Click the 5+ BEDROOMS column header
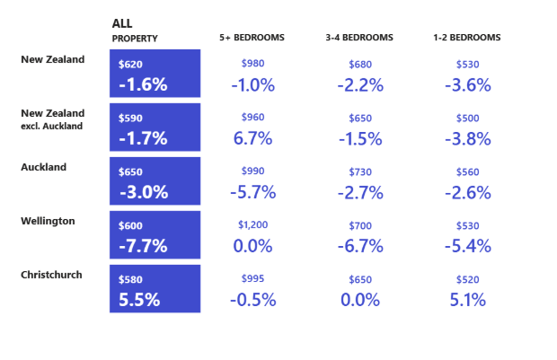pyautogui.click(x=252, y=38)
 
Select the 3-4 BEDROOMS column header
pyautogui.click(x=359, y=38)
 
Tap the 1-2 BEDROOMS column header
pyautogui.click(x=466, y=38)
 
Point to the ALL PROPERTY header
pyautogui.click(x=135, y=31)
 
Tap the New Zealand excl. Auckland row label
pyautogui.click(x=53, y=119)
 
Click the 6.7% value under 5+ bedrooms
pyautogui.click(x=252, y=138)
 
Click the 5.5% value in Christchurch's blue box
pyautogui.click(x=139, y=300)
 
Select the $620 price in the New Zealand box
pyautogui.click(x=131, y=65)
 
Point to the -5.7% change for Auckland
pyautogui.click(x=252, y=192)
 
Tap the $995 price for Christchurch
pyautogui.click(x=252, y=279)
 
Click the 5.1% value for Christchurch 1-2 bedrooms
pyautogui.click(x=467, y=300)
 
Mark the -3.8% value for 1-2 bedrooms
pyautogui.click(x=467, y=138)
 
